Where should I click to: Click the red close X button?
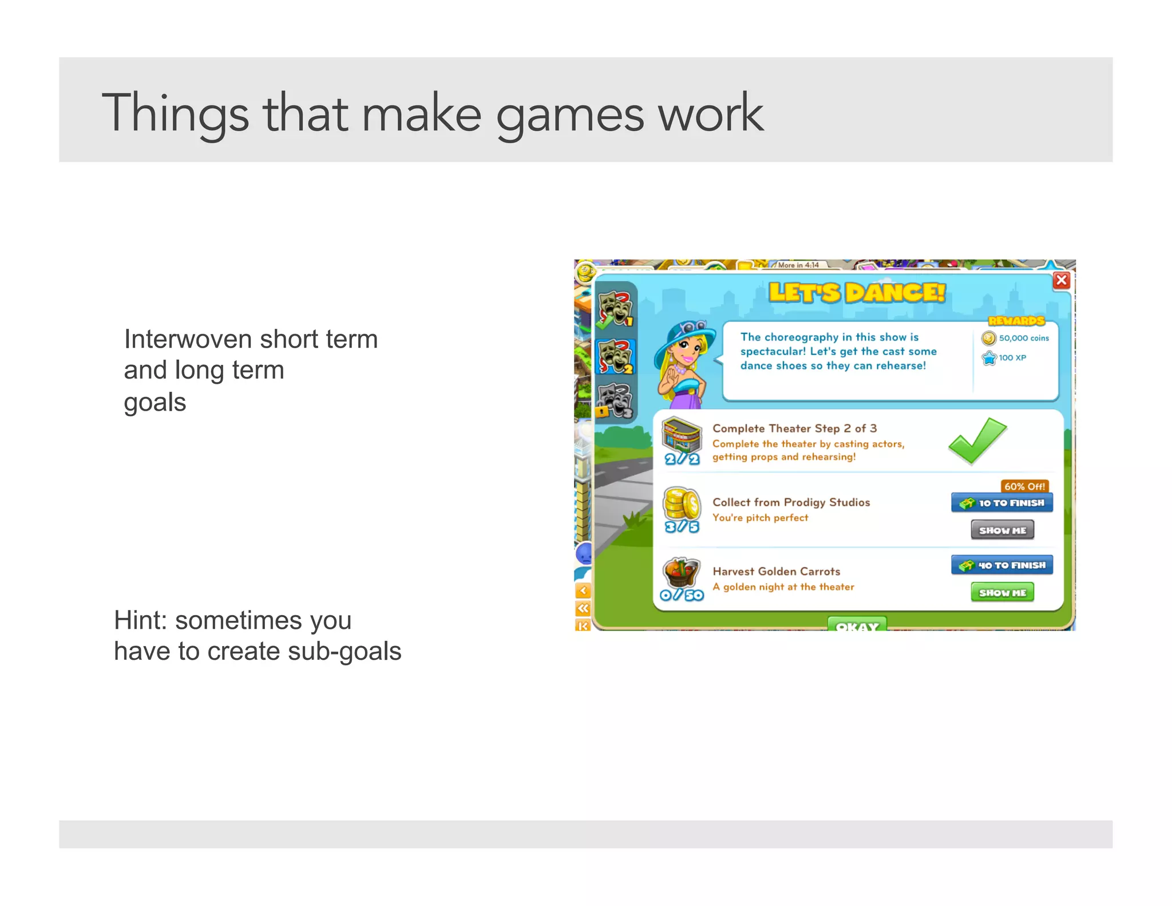point(1061,280)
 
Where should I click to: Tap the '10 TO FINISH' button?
point(1002,503)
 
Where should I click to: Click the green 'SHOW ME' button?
point(1003,592)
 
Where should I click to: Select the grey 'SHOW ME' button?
point(1003,530)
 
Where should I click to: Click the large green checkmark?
point(977,440)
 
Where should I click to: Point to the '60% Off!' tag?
point(1024,486)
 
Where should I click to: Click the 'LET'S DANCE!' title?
point(857,293)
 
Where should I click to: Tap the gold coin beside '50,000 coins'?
point(988,338)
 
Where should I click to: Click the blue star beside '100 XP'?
point(989,358)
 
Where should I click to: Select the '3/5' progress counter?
point(682,527)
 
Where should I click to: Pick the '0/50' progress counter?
point(682,595)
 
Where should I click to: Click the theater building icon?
point(682,435)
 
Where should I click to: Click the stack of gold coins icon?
point(681,503)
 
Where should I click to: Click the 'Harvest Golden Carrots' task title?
point(776,571)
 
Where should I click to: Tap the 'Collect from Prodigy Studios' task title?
point(791,502)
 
